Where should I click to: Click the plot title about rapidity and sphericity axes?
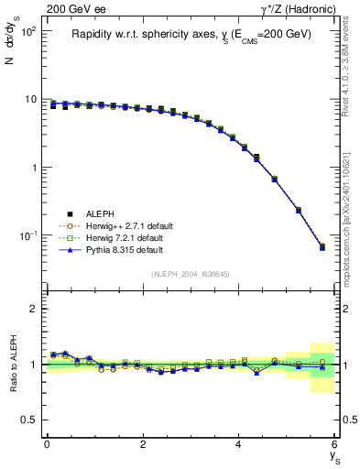pyautogui.click(x=191, y=34)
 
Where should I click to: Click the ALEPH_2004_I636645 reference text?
pyautogui.click(x=191, y=275)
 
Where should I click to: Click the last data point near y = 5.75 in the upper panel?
pyautogui.click(x=322, y=247)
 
